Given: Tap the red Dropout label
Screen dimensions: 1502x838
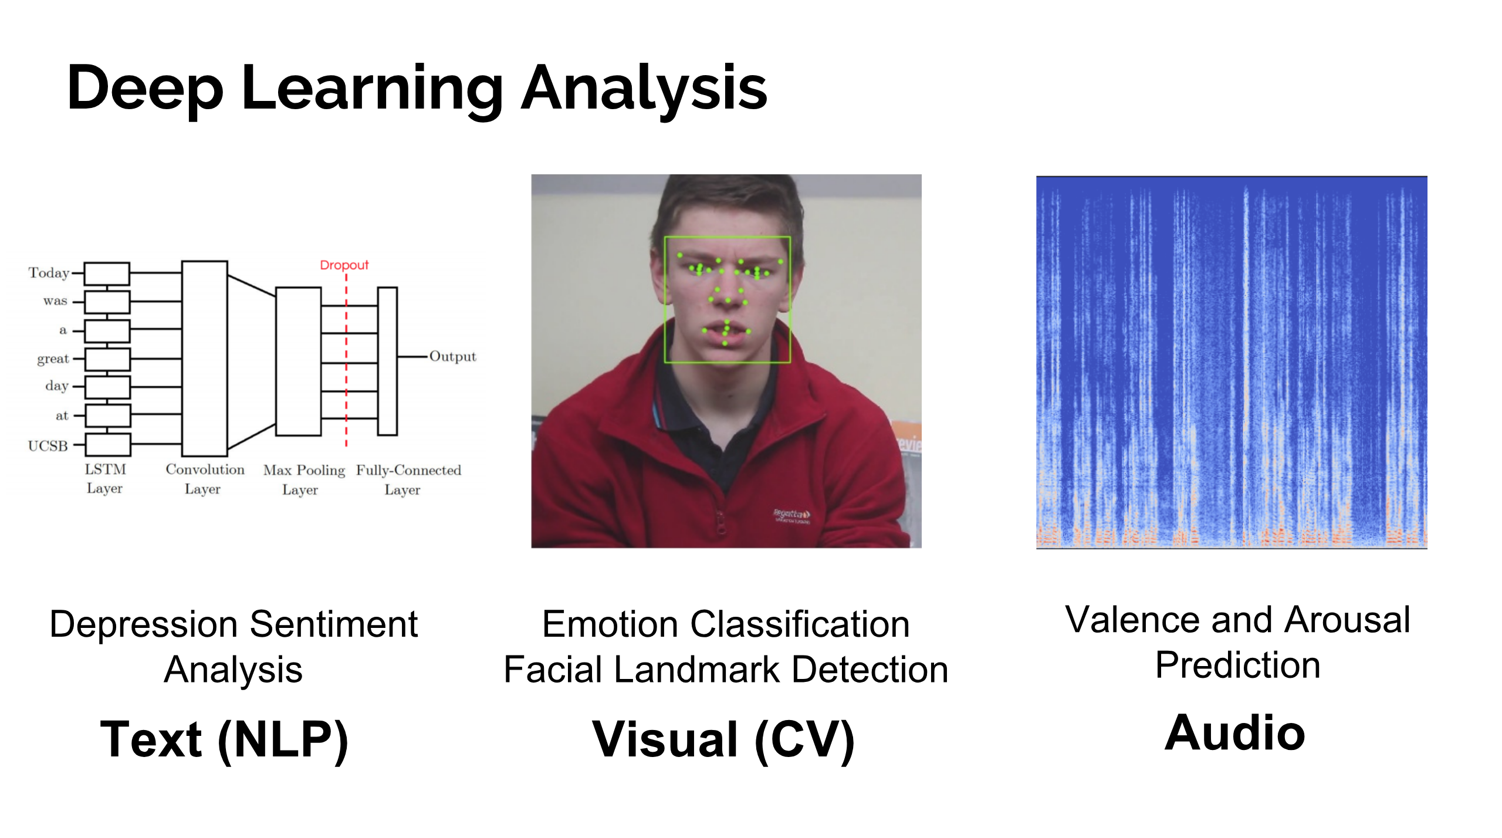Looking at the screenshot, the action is pyautogui.click(x=344, y=265).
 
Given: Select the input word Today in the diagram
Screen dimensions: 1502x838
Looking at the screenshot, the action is pyautogui.click(x=49, y=273).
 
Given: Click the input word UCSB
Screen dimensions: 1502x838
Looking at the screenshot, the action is pyautogui.click(x=48, y=446).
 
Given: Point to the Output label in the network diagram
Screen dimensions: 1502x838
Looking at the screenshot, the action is pyautogui.click(x=452, y=357).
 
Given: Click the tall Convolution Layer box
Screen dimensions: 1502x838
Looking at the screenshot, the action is pyautogui.click(x=205, y=359).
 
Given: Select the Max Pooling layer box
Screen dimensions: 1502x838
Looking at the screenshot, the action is pyautogui.click(x=299, y=361).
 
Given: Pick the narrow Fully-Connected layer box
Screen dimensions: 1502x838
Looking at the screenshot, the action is pyautogui.click(x=387, y=361).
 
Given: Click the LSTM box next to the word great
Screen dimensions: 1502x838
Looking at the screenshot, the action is pyautogui.click(x=107, y=359).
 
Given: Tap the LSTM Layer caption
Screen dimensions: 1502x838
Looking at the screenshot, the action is pyautogui.click(x=105, y=479).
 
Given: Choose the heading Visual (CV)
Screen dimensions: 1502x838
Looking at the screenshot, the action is pyautogui.click(x=723, y=741).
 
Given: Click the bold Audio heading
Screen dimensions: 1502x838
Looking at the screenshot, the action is pyautogui.click(x=1235, y=733).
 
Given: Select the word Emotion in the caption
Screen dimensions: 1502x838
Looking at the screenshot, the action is pyautogui.click(x=610, y=624).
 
